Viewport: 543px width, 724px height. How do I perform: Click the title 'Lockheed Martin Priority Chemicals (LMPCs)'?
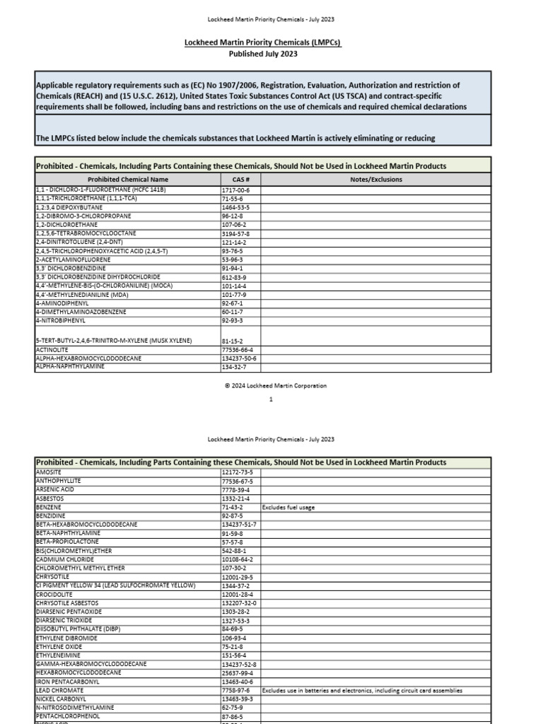pyautogui.click(x=262, y=43)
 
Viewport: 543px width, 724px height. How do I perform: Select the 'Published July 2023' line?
pyautogui.click(x=262, y=54)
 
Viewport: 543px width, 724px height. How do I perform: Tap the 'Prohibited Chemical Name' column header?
pyautogui.click(x=128, y=180)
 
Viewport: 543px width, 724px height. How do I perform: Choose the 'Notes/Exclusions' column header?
pyautogui.click(x=376, y=180)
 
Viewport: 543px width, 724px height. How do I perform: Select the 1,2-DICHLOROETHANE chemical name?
pyautogui.click(x=66, y=224)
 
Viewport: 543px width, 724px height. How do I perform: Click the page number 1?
pyautogui.click(x=271, y=399)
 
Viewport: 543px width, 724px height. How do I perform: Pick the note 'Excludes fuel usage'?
pyautogui.click(x=288, y=507)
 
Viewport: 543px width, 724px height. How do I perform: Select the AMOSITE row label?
pyautogui.click(x=49, y=472)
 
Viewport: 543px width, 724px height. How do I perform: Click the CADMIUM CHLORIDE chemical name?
pyautogui.click(x=64, y=559)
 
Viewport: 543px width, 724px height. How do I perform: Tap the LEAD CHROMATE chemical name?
pyautogui.click(x=59, y=690)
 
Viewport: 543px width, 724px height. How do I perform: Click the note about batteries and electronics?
pyautogui.click(x=361, y=690)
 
